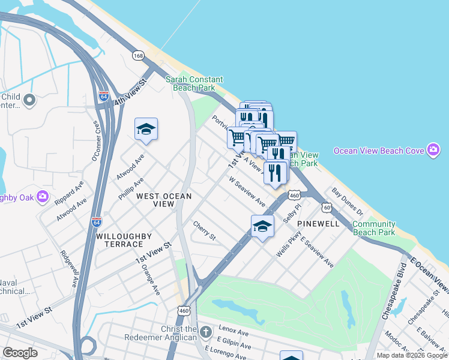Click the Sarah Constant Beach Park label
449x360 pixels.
(x=194, y=83)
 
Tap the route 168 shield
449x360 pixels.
(x=139, y=56)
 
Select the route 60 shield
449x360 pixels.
(x=326, y=207)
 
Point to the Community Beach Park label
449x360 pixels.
(x=373, y=228)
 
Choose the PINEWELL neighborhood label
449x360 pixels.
(x=318, y=223)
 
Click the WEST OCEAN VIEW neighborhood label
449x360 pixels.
(x=163, y=200)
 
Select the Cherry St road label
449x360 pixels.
(x=204, y=231)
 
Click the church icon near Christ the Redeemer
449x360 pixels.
(x=206, y=332)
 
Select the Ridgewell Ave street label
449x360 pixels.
(x=70, y=267)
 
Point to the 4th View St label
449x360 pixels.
(x=130, y=92)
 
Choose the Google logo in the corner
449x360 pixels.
(x=20, y=353)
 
